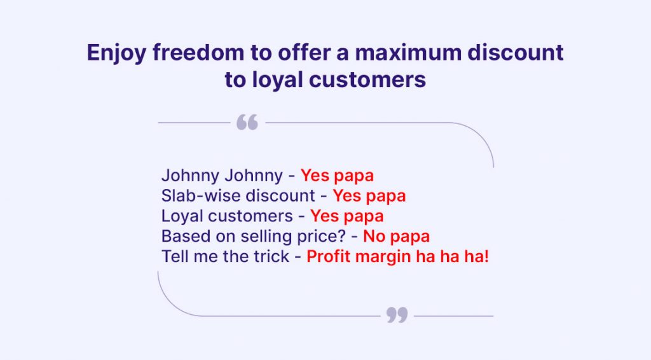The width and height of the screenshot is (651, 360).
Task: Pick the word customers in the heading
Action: (367, 80)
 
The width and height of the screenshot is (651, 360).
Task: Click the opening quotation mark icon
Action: (247, 123)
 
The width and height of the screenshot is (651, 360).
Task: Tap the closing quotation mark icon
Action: (397, 315)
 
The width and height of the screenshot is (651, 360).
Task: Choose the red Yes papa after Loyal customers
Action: (347, 216)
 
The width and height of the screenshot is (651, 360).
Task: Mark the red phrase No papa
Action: (397, 237)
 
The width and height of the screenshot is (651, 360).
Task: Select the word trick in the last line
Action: (271, 256)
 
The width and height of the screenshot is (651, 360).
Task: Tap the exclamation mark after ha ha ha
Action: (486, 256)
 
